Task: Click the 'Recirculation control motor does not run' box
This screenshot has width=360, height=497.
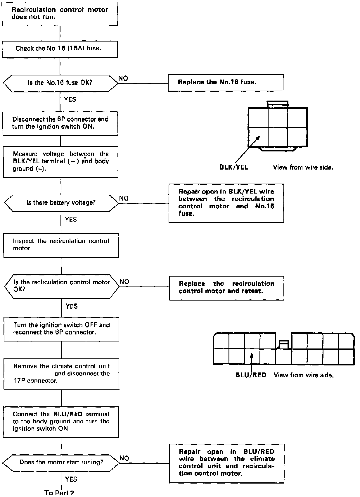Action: point(60,13)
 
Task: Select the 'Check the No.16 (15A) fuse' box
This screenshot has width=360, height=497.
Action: point(60,49)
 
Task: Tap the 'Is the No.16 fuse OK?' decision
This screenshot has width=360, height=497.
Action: point(60,83)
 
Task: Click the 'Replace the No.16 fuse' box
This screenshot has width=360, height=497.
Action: point(225,82)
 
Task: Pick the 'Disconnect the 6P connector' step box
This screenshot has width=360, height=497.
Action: point(60,123)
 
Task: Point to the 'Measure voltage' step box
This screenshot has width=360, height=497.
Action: point(60,162)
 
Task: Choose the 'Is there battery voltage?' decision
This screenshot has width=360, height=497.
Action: point(61,203)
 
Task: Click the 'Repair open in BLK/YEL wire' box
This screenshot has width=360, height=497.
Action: point(226,203)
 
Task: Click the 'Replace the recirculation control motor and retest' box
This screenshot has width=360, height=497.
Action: point(226,288)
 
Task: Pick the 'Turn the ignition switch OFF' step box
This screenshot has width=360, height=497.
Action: point(61,329)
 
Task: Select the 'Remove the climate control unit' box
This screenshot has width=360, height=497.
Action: point(61,374)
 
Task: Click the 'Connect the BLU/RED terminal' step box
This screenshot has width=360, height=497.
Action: point(61,422)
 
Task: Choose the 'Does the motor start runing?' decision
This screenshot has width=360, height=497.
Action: point(61,463)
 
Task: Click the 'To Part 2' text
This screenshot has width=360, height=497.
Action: point(59,493)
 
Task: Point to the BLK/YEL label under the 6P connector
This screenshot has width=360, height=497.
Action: point(234,168)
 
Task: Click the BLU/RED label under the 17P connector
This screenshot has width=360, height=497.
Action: point(251,375)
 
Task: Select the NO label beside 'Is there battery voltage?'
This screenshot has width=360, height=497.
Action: point(124,199)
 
